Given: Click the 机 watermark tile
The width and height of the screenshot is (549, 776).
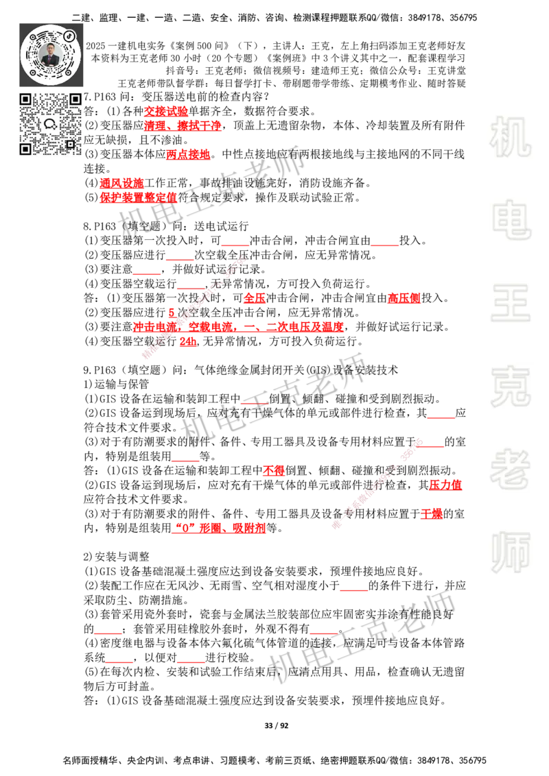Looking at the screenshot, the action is pyautogui.click(x=510, y=137).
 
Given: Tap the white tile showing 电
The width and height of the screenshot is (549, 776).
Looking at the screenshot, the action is pyautogui.click(x=513, y=219).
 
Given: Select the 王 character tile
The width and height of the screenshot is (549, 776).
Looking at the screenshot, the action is pyautogui.click(x=510, y=304).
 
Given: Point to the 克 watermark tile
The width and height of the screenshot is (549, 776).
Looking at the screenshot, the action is pyautogui.click(x=510, y=387).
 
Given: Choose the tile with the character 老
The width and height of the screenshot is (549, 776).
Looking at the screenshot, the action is pyautogui.click(x=510, y=470).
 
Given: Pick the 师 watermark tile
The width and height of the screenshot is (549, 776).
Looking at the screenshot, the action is pyautogui.click(x=510, y=553).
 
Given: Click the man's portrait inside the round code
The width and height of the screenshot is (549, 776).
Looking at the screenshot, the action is pyautogui.click(x=51, y=54).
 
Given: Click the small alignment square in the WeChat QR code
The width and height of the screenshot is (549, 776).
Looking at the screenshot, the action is pyautogui.click(x=70, y=144).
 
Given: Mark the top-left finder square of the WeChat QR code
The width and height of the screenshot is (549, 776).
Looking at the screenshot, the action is pyautogui.click(x=25, y=99).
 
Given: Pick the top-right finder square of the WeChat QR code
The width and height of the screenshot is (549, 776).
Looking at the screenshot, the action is pyautogui.click(x=75, y=99).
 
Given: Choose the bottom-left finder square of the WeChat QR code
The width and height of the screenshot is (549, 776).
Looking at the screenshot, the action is pyautogui.click(x=25, y=149).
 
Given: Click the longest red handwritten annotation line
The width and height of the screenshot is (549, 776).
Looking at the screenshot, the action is pyautogui.click(x=238, y=327).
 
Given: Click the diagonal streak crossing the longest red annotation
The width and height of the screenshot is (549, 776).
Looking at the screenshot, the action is pyautogui.click(x=192, y=306).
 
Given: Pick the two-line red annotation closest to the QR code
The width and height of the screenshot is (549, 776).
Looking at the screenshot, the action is pyautogui.click(x=182, y=118).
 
